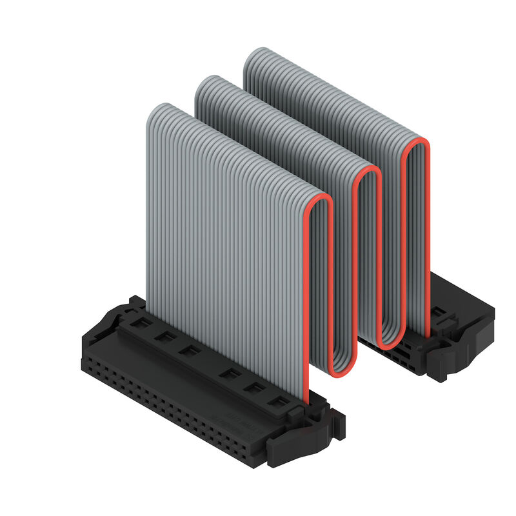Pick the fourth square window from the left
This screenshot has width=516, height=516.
point(225,372)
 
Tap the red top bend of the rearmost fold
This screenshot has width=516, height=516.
point(417,143)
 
